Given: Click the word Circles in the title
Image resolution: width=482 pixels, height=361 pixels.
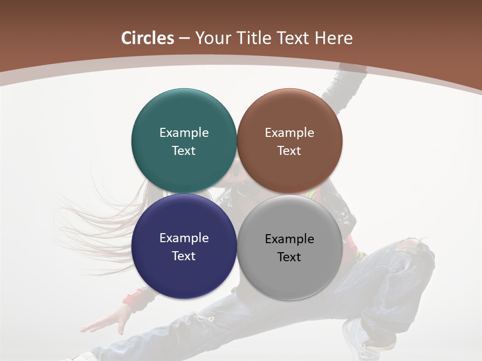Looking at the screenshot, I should coord(148,38).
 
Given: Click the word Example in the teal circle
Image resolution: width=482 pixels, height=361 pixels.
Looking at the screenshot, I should coord(184,133).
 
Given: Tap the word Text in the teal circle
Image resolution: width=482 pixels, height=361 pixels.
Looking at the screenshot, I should coord(184,151).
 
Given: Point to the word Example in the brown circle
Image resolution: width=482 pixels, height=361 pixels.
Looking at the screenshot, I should coord(289,133).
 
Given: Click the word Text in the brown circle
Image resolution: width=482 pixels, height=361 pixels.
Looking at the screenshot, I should coord(289,151).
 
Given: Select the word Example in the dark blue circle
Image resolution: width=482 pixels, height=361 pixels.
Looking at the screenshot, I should coord(184,238).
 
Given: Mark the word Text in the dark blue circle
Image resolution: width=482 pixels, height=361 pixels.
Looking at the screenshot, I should coord(184,256).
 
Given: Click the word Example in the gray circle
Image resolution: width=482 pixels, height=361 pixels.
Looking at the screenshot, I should coord(289,239).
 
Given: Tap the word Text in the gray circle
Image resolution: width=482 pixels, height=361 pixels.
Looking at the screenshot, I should coord(289,257).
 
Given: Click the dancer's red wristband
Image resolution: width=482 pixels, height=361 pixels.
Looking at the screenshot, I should coord(135,299).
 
